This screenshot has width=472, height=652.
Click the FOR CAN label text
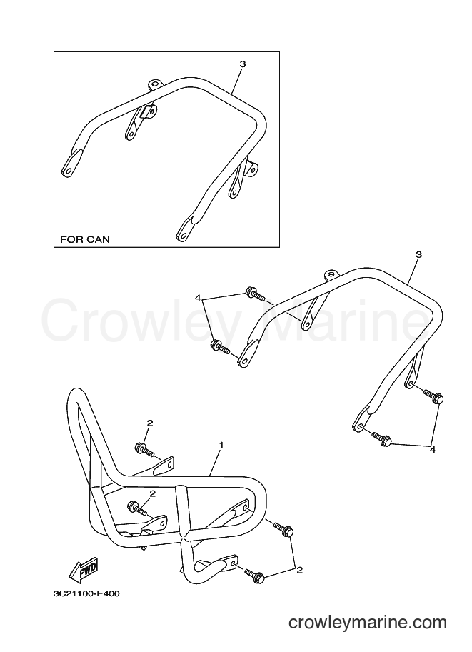click(x=85, y=239)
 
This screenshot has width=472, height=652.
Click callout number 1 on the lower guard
click(x=221, y=446)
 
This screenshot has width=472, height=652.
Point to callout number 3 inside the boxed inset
click(x=243, y=64)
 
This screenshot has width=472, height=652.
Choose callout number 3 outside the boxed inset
click(x=418, y=254)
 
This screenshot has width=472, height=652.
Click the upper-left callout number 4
click(x=198, y=298)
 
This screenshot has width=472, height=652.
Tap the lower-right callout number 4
click(x=433, y=449)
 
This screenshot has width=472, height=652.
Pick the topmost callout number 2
click(x=150, y=423)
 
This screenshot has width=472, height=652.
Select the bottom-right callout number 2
click(x=299, y=571)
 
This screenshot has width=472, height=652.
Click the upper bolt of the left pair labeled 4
click(x=255, y=294)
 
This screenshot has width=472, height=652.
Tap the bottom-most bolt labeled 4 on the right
click(x=382, y=439)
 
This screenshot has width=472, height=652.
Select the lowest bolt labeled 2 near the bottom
click(x=255, y=575)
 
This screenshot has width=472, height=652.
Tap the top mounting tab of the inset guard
click(x=155, y=84)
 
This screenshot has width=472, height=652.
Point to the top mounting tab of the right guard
click(x=331, y=275)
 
